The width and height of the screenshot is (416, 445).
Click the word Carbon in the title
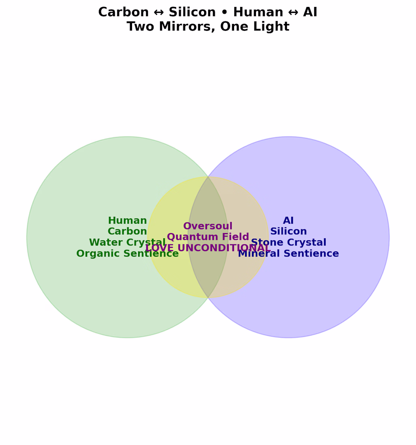tap(124, 12)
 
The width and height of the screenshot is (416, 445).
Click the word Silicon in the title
tap(192, 12)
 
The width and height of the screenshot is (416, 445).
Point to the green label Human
tap(127, 220)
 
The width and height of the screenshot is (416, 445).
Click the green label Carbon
tap(127, 231)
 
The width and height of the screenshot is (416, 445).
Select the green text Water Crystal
tap(127, 242)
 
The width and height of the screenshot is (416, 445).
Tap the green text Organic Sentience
tap(128, 253)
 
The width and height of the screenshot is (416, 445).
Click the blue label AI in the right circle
tap(288, 220)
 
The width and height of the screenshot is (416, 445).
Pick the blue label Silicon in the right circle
tap(288, 231)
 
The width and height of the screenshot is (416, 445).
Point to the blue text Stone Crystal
tap(288, 242)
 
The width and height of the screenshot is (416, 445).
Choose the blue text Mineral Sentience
tap(288, 253)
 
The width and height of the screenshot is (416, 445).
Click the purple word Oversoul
tap(208, 226)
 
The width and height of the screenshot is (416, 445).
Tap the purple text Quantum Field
tap(208, 237)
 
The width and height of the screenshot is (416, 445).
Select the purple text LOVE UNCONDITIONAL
tap(208, 248)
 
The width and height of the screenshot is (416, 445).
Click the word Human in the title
tap(258, 12)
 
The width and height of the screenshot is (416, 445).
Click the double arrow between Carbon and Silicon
tap(159, 13)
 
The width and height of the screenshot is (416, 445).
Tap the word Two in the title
tap(141, 26)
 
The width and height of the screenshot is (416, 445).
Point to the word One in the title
tap(234, 26)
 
